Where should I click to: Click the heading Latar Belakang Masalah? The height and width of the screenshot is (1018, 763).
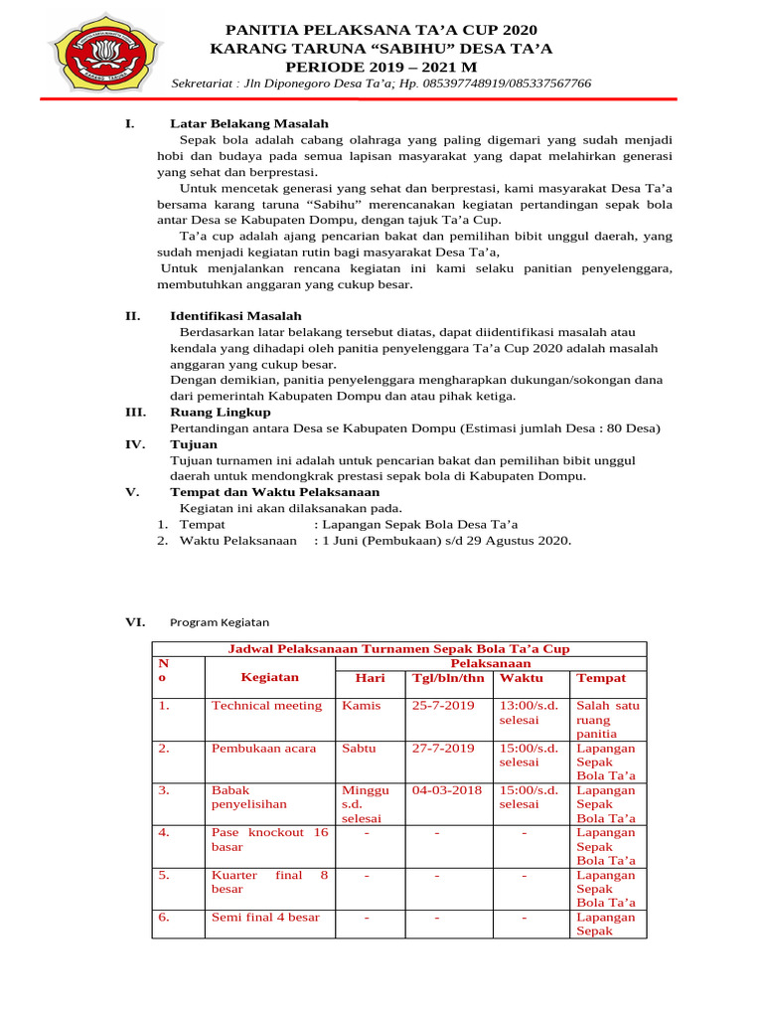tap(248, 124)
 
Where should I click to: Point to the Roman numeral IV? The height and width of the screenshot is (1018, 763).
tap(135, 444)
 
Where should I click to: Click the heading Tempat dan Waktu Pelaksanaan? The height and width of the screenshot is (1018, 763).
tap(274, 492)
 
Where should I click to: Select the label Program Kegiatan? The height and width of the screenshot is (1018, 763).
tap(220, 622)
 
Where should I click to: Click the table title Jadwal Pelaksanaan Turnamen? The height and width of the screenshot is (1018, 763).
tap(399, 648)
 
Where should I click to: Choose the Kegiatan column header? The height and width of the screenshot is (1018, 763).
tap(269, 677)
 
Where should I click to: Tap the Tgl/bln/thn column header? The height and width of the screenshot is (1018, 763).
tap(448, 678)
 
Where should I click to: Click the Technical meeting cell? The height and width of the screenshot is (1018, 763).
tap(266, 706)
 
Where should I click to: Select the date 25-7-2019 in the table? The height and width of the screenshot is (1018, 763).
tap(443, 706)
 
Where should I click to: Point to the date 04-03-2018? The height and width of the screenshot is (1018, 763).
tap(447, 790)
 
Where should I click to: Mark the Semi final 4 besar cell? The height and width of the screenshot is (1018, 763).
tap(265, 917)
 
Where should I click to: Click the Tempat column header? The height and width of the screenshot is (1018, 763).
tap(601, 678)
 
